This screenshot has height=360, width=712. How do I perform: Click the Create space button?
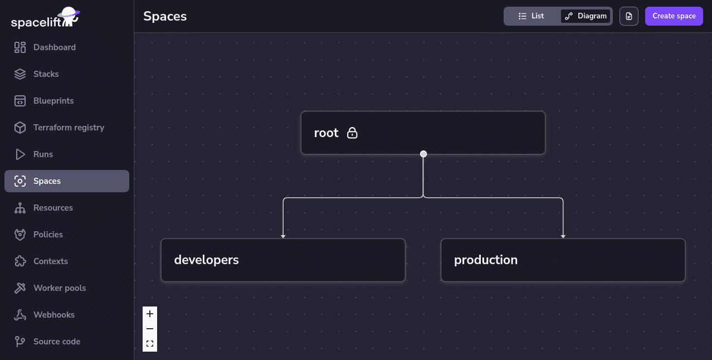pyautogui.click(x=674, y=16)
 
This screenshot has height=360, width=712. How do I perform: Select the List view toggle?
pyautogui.click(x=531, y=16)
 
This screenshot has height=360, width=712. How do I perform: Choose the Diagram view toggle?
pyautogui.click(x=586, y=16)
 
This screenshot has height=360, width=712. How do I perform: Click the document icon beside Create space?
pyautogui.click(x=628, y=16)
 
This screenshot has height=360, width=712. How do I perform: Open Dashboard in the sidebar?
pyautogui.click(x=54, y=47)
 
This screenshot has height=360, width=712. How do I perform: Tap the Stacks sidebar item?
pyautogui.click(x=46, y=74)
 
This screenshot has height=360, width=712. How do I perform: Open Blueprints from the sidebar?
pyautogui.click(x=53, y=101)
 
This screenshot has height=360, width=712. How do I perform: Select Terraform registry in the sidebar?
pyautogui.click(x=68, y=128)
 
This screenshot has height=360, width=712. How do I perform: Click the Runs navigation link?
pyautogui.click(x=43, y=154)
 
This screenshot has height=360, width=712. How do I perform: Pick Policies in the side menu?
pyautogui.click(x=48, y=235)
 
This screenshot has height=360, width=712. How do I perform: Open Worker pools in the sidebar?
pyautogui.click(x=59, y=288)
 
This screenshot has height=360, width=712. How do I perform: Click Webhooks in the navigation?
pyautogui.click(x=53, y=315)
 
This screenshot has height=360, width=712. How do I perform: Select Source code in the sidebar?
pyautogui.click(x=56, y=342)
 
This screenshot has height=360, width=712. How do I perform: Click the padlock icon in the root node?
pyautogui.click(x=352, y=133)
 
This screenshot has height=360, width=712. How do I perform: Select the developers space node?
pyautogui.click(x=282, y=260)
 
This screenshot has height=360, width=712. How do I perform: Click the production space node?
pyautogui.click(x=563, y=260)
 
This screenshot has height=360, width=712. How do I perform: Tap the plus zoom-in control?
pyautogui.click(x=150, y=314)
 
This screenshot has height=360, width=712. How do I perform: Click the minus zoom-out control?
pyautogui.click(x=150, y=329)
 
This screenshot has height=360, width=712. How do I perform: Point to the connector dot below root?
pyautogui.click(x=423, y=154)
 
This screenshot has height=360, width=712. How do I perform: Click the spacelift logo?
pyautogui.click(x=45, y=18)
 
